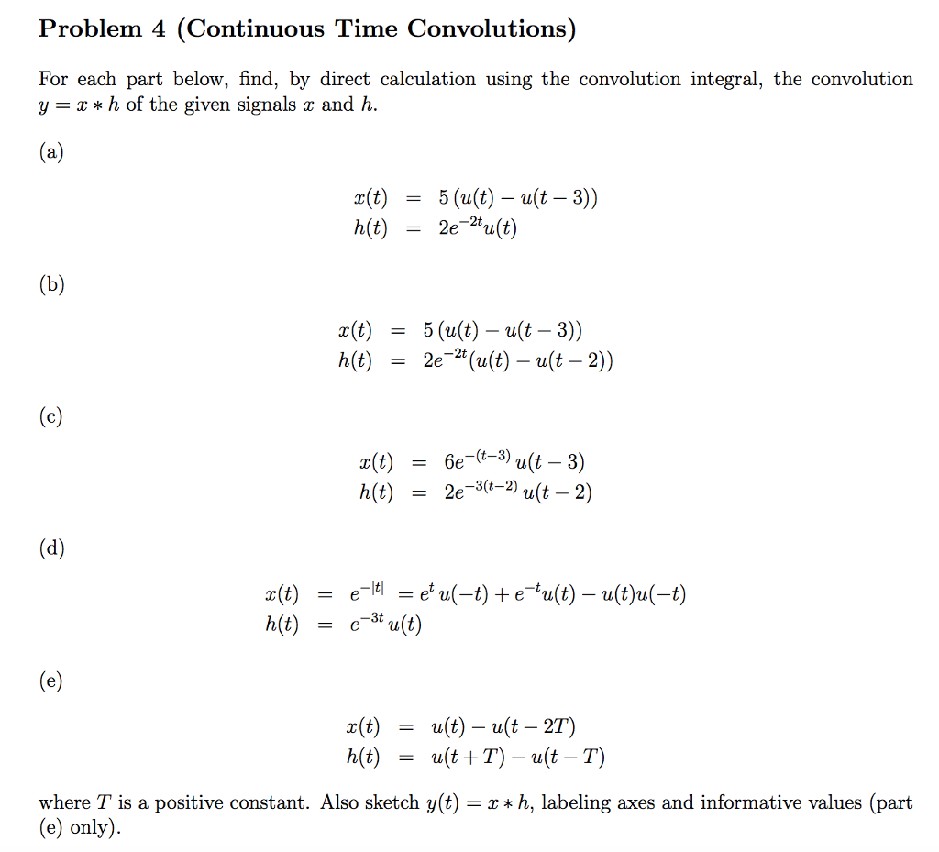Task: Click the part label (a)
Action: point(50,153)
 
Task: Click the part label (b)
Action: point(51,285)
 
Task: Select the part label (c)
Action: point(50,417)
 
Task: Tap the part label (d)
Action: point(51,549)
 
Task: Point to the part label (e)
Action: point(50,681)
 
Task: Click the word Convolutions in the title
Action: point(492,29)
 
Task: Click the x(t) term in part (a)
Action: point(370,199)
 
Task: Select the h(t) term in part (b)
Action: point(355,361)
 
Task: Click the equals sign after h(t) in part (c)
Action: point(418,493)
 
